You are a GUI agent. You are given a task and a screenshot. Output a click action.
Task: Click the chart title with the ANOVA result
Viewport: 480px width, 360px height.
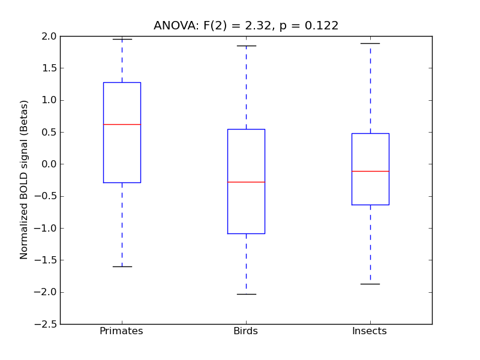click(x=246, y=26)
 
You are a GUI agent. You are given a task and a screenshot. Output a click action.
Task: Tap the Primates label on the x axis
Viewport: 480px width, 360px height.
click(x=121, y=331)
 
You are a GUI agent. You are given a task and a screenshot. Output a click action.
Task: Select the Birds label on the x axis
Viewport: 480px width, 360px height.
click(x=245, y=331)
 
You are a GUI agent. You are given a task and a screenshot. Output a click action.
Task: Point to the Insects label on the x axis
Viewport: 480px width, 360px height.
click(x=369, y=331)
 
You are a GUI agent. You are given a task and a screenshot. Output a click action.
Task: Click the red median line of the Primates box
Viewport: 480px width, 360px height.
click(x=122, y=124)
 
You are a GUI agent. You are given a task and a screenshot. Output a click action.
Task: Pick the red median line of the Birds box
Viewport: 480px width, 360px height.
click(x=246, y=182)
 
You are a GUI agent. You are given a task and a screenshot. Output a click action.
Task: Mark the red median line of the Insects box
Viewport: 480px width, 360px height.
click(x=370, y=171)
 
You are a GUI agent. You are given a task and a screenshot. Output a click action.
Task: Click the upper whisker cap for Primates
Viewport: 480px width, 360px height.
click(x=122, y=39)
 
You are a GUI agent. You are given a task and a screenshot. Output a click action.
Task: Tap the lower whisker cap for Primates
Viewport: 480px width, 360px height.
click(x=122, y=266)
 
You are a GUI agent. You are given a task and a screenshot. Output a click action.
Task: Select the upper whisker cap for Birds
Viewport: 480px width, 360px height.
click(x=246, y=46)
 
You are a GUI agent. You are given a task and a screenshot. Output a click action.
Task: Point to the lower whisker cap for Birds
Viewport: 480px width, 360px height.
click(x=246, y=294)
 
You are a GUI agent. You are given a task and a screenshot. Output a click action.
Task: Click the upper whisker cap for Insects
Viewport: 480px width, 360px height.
click(x=370, y=43)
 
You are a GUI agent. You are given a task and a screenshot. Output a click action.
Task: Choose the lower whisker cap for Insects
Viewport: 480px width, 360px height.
click(x=370, y=284)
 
